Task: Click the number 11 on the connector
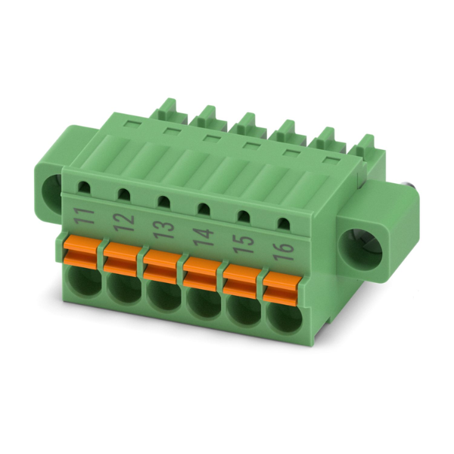coord(84,216)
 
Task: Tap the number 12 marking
coord(124,223)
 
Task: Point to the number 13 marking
coord(164,230)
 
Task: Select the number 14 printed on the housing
coord(204,237)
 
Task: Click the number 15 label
coord(244,244)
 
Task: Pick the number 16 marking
coord(284,251)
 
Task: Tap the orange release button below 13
coord(160,266)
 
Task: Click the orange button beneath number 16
coord(281,288)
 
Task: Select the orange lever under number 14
coord(201,274)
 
